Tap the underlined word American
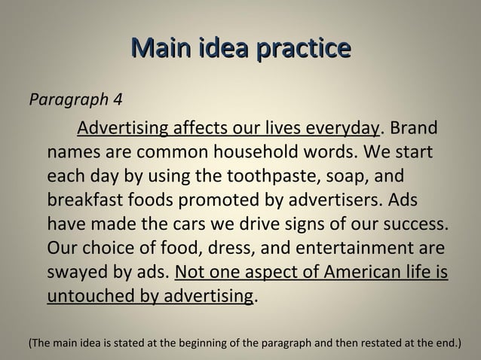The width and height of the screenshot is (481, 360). click(x=347, y=276)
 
